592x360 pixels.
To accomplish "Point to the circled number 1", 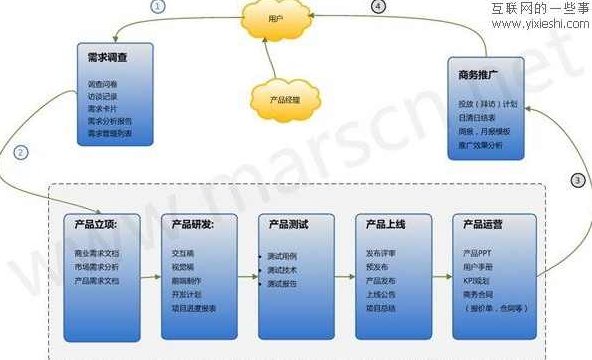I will pyautogui.click(x=160, y=6).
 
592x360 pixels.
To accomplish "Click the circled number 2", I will pyautogui.click(x=22, y=153).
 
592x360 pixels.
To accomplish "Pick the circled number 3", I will pyautogui.click(x=577, y=181).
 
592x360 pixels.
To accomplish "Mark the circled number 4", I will pyautogui.click(x=378, y=6).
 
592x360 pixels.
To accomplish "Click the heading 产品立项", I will pyautogui.click(x=97, y=224).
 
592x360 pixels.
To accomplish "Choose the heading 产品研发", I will pyautogui.click(x=196, y=224).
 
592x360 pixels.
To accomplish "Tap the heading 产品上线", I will pyautogui.click(x=386, y=224).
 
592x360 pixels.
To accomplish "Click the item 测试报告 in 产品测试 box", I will pyautogui.click(x=282, y=284).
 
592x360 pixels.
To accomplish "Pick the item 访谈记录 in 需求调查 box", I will pyautogui.click(x=104, y=98).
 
